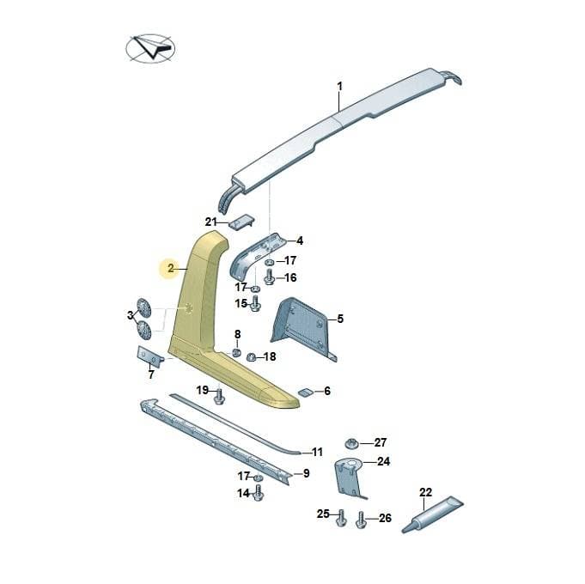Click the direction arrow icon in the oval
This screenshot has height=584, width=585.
153,46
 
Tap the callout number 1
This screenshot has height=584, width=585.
339,87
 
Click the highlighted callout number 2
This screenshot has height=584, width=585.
170,268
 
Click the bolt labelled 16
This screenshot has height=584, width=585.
270,278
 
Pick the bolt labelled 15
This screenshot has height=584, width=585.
255,303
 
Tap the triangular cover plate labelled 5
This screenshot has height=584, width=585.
303,326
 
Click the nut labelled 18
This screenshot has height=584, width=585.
251,357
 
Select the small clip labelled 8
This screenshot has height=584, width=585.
236,352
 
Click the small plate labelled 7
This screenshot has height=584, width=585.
150,356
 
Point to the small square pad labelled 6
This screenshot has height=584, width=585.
305,392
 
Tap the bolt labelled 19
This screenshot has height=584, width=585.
219,397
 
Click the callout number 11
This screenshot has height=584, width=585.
317,453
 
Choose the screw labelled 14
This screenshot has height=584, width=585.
259,492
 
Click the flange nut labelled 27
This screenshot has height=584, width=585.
351,443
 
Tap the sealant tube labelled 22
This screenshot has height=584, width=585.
433,514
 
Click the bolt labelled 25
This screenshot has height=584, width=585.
341,518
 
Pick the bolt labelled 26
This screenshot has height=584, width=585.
361,520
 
